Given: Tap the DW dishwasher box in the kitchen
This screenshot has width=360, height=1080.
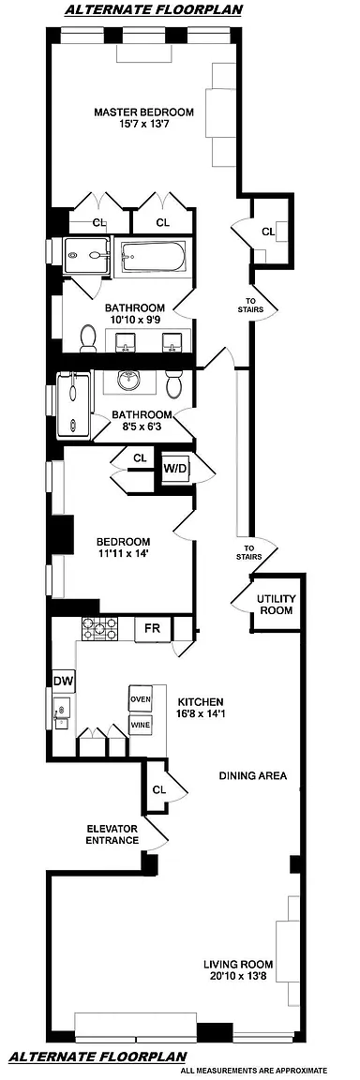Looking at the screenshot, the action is click(64, 682).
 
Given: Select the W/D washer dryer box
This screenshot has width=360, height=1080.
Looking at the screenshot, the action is click(175, 469).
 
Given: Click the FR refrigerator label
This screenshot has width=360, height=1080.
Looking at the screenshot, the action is click(153, 627).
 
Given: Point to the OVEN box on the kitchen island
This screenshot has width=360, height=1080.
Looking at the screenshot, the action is click(141, 698).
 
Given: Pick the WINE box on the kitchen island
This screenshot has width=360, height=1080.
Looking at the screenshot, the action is click(141, 725).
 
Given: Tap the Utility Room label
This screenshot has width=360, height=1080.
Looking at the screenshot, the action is click(276, 605).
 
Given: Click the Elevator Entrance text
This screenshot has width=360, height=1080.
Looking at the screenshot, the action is click(112, 834).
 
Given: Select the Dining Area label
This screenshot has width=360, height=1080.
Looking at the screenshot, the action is click(252, 775).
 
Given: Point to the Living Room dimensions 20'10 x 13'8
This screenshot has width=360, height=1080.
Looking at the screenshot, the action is click(238, 976).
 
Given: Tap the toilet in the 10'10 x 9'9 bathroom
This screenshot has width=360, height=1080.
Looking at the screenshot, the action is click(88, 337).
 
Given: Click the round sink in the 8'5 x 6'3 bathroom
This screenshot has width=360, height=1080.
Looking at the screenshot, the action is click(127, 380).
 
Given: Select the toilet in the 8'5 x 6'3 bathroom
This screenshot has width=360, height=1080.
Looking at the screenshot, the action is click(173, 382).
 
